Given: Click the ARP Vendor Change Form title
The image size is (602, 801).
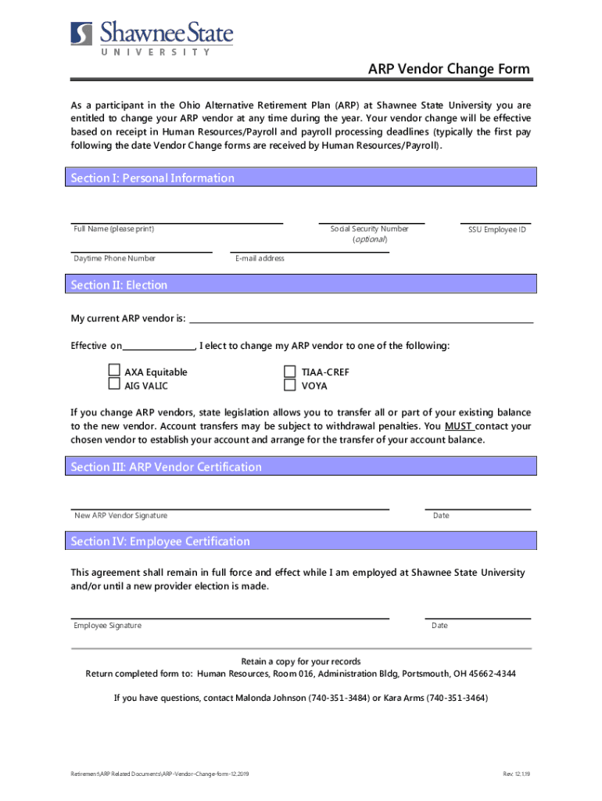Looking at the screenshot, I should click(x=449, y=69).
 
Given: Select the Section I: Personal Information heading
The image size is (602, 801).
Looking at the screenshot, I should click(x=152, y=178).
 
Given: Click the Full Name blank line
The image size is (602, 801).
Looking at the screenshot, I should click(x=177, y=222).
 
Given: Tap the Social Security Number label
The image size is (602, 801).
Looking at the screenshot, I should click(x=369, y=229).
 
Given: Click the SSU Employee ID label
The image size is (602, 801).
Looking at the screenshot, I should click(x=496, y=230).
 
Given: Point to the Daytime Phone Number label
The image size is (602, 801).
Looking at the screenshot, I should click(x=114, y=258).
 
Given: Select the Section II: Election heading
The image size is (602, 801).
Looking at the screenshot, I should click(x=119, y=286).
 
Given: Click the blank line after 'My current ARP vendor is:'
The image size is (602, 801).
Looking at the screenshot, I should click(x=361, y=321).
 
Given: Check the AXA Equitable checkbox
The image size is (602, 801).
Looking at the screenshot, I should click(x=114, y=371).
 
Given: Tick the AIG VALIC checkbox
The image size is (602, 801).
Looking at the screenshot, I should click(x=114, y=384).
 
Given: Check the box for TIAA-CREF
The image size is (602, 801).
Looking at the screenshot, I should click(x=289, y=371).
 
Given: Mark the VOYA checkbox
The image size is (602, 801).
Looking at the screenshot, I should click(x=289, y=384).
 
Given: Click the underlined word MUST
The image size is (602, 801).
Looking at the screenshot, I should click(x=457, y=426).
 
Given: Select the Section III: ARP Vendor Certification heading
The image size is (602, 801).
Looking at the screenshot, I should click(x=166, y=467).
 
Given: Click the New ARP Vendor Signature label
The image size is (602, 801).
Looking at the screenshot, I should click(x=120, y=515).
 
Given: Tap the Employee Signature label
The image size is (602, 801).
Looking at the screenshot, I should click(x=107, y=626).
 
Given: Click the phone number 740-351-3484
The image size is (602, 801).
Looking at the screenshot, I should click(x=339, y=698).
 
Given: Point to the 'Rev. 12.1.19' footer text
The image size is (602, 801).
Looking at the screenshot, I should click(x=516, y=774).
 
